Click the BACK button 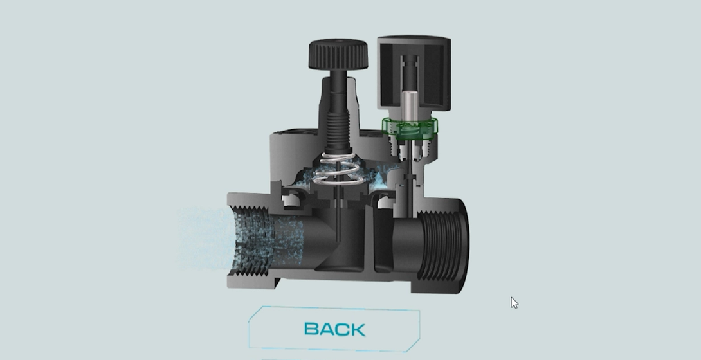click(x=334, y=328)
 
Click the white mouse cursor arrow click(x=514, y=303)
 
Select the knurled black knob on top click(x=338, y=54)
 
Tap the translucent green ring click(x=410, y=127)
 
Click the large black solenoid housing click(x=414, y=73)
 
